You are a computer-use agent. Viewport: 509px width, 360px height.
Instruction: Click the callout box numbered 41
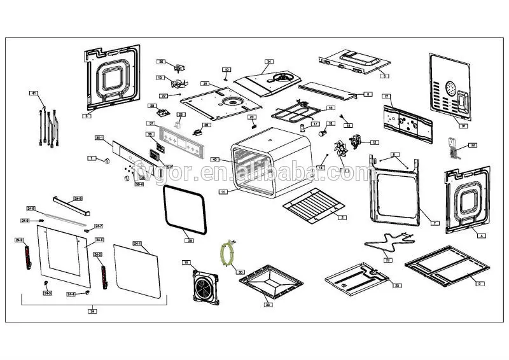point(34,93)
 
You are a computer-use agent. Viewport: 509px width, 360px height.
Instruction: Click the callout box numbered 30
point(240,272)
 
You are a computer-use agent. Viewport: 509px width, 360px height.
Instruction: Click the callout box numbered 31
point(464,126)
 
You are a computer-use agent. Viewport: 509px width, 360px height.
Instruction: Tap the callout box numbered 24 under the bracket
point(92,312)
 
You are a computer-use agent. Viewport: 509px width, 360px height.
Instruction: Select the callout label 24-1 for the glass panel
point(137,244)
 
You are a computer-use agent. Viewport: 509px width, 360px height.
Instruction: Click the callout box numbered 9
point(480,283)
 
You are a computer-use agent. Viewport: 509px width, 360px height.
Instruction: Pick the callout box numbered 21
point(386,96)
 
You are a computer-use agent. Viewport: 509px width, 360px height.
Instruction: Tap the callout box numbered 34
point(268,62)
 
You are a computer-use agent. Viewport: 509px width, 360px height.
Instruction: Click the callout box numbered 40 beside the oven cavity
point(215,159)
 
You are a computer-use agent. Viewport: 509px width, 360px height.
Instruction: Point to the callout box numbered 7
point(435,223)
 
